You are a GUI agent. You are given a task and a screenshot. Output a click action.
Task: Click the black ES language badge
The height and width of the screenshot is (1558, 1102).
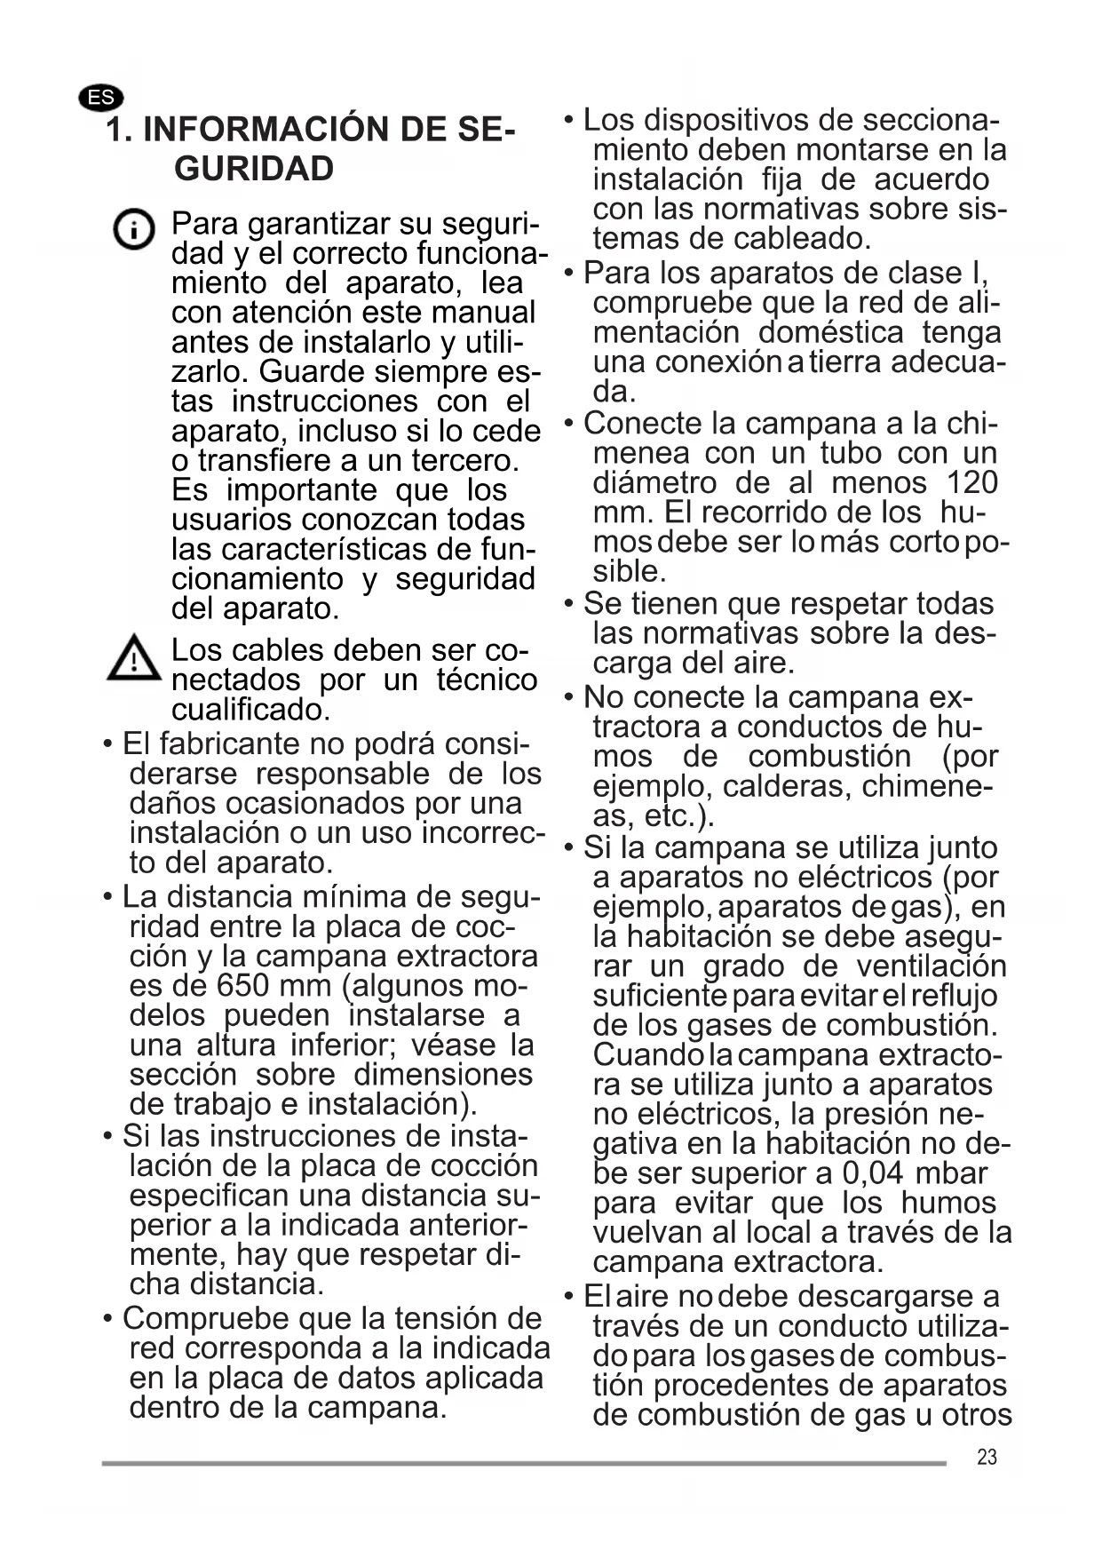point(101,97)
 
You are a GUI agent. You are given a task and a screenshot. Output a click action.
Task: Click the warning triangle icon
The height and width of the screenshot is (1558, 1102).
point(133,659)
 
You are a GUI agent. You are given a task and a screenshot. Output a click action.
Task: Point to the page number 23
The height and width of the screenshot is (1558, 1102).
point(987,1457)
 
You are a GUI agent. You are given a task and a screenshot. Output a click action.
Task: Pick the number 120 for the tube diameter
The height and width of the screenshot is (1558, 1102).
point(972,482)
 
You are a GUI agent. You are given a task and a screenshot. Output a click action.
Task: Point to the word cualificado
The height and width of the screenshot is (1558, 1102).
point(250,710)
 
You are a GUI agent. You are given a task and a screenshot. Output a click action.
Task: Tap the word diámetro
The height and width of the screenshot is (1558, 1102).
point(654,482)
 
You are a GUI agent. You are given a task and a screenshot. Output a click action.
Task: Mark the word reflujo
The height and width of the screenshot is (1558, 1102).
point(955,996)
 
